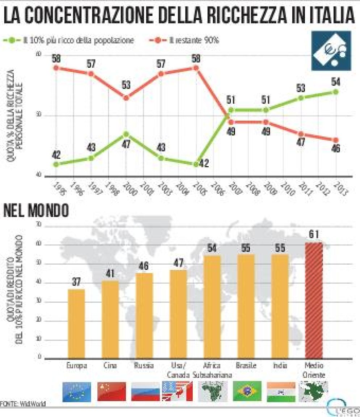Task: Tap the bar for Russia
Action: click(x=144, y=315)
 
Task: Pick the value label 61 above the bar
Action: click(x=314, y=235)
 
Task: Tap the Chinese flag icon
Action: click(x=112, y=392)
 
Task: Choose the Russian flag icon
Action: click(x=145, y=392)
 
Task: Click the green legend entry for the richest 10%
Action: click(x=69, y=41)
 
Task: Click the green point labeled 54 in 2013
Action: click(x=336, y=92)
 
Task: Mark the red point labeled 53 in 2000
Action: click(x=126, y=98)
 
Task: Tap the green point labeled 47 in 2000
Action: click(x=126, y=134)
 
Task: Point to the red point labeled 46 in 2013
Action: click(x=336, y=140)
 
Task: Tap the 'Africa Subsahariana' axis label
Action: click(x=213, y=370)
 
